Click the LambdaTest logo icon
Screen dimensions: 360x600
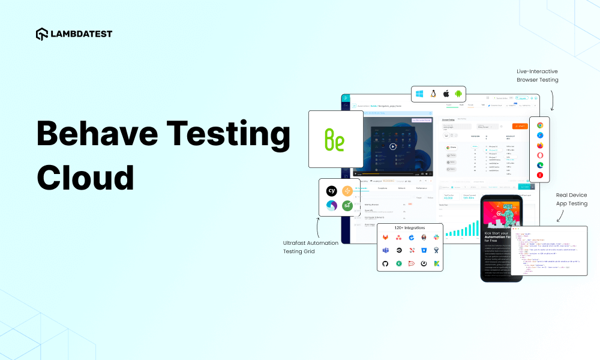42,34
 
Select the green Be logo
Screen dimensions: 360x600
335,139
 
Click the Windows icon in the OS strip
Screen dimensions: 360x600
419,94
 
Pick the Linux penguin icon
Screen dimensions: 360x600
433,94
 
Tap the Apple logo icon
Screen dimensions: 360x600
446,94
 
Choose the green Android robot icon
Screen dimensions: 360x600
459,94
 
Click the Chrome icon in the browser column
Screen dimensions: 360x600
540,125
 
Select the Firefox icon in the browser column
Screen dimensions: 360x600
540,146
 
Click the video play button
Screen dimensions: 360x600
392,146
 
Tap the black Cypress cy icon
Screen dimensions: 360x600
331,191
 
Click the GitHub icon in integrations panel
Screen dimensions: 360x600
385,263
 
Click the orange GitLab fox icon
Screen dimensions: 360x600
385,238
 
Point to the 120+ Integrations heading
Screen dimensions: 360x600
410,228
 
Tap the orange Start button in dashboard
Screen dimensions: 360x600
519,126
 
